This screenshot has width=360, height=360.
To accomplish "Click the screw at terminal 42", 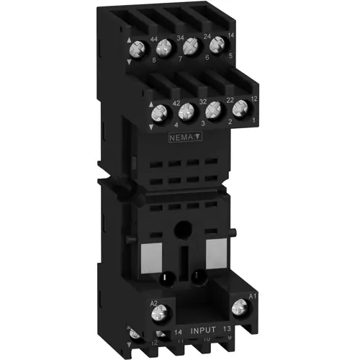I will (160, 113).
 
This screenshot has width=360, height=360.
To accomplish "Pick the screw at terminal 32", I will (187, 112).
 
